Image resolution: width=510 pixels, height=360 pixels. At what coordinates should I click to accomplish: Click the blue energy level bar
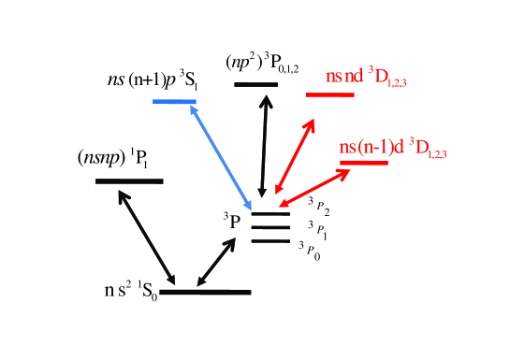tap(173, 100)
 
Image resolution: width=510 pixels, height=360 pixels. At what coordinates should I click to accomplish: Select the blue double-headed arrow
tap(221, 155)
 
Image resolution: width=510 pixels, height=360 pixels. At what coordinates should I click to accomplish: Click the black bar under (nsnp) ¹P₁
tap(129, 180)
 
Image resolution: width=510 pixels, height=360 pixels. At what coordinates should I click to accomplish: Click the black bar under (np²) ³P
tap(255, 84)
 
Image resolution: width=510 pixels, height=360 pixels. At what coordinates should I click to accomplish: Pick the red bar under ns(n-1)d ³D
tap(364, 164)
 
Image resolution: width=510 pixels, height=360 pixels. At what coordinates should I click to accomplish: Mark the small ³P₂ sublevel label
tap(318, 205)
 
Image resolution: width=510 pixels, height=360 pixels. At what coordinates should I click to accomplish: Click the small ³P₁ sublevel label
tap(318, 226)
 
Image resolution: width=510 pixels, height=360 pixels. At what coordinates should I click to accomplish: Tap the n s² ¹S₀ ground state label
tap(130, 293)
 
